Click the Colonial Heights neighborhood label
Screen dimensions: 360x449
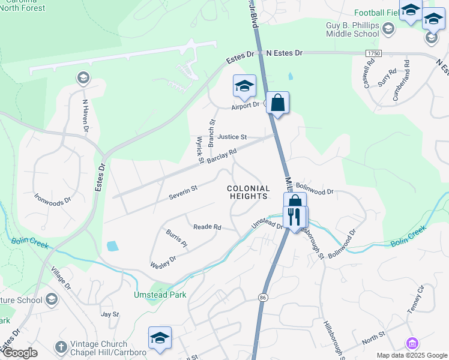pos(248,192)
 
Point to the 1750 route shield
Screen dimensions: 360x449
pos(373,53)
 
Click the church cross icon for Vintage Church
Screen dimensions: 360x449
pos(60,347)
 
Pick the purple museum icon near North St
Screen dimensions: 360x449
pos(412,343)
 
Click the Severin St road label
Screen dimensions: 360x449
pos(183,193)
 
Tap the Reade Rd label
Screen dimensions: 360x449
pos(207,227)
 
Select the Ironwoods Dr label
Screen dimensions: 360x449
pos(52,197)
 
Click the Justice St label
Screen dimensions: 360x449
pos(232,137)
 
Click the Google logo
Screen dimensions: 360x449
pos(20,353)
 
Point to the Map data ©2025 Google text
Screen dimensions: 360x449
pos(411,355)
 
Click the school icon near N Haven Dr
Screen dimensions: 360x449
pos(83,77)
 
